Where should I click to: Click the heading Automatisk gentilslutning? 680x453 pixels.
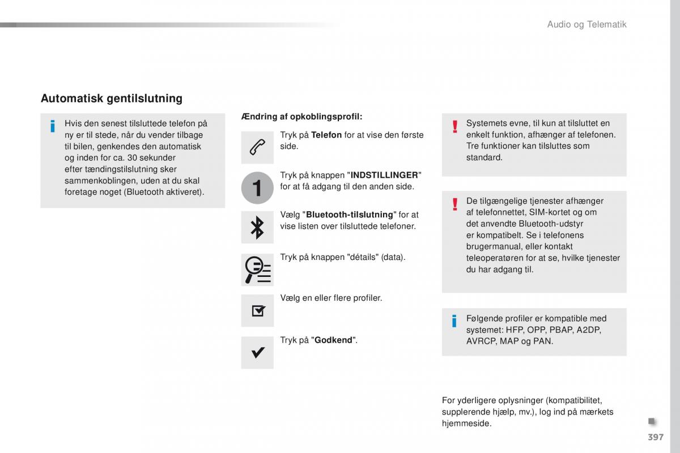point(112,99)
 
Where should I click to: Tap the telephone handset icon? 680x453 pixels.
point(257,147)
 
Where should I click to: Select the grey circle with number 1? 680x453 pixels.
point(257,187)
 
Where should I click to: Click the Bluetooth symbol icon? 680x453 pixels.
point(257,227)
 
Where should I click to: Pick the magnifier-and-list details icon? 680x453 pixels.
point(257,269)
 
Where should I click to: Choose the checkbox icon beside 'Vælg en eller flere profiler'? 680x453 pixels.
point(257,310)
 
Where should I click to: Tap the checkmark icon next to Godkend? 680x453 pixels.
point(257,352)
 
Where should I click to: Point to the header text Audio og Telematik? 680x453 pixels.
point(586,24)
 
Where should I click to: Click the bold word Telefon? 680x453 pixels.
point(326,135)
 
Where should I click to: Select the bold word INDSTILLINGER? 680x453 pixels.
point(385,175)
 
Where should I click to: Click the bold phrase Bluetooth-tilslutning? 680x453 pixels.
point(349,215)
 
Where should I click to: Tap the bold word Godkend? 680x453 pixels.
point(334,340)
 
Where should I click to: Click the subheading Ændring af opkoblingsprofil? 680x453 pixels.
point(301,117)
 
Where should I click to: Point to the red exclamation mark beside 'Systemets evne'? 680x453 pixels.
point(454,127)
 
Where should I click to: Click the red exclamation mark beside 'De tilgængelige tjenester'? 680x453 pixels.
point(454,204)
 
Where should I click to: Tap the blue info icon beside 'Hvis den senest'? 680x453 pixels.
point(53,126)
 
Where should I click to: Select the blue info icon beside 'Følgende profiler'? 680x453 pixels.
point(454,322)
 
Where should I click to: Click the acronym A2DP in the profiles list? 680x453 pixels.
point(589,330)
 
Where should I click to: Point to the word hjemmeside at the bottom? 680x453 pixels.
point(466,424)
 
